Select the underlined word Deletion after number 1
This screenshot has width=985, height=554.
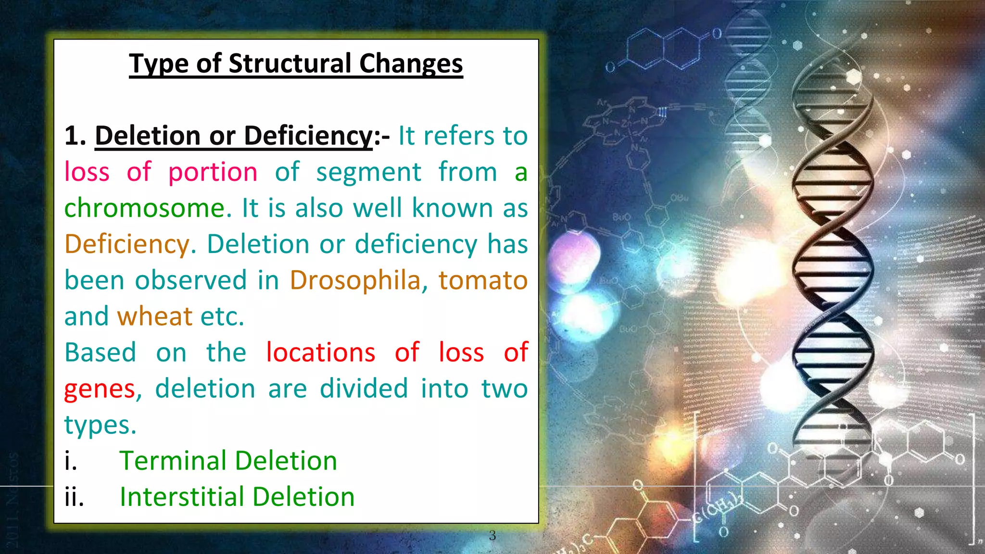(x=147, y=136)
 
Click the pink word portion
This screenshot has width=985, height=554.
(x=213, y=172)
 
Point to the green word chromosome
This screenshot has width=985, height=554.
(x=144, y=208)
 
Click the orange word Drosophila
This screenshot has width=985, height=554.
(x=355, y=280)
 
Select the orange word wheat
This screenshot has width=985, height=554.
(x=155, y=316)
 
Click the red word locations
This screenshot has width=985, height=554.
(x=320, y=353)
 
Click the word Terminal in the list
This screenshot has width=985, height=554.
(x=176, y=461)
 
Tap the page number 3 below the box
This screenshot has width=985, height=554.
(x=492, y=535)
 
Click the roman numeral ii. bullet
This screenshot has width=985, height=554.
(x=74, y=497)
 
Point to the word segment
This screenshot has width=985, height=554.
(x=368, y=172)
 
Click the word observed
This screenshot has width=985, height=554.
(x=190, y=280)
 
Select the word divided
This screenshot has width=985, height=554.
(x=364, y=389)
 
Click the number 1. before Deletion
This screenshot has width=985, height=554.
(x=75, y=136)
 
